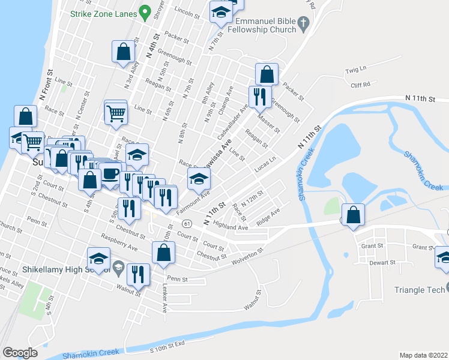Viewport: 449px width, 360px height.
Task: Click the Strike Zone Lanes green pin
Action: point(145,11)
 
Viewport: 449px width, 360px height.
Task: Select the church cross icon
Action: point(304,24)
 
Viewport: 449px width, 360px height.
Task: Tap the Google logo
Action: point(20,352)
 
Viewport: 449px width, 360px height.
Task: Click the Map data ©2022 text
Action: point(424,355)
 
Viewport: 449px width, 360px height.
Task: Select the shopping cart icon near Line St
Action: point(116,112)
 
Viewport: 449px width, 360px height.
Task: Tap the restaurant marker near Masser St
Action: point(259,97)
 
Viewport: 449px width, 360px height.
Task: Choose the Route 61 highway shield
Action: point(188,224)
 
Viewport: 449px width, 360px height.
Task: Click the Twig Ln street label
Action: point(355,70)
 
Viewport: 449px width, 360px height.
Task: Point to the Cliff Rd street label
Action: point(360,85)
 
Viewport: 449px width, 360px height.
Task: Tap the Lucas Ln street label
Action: point(264,163)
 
